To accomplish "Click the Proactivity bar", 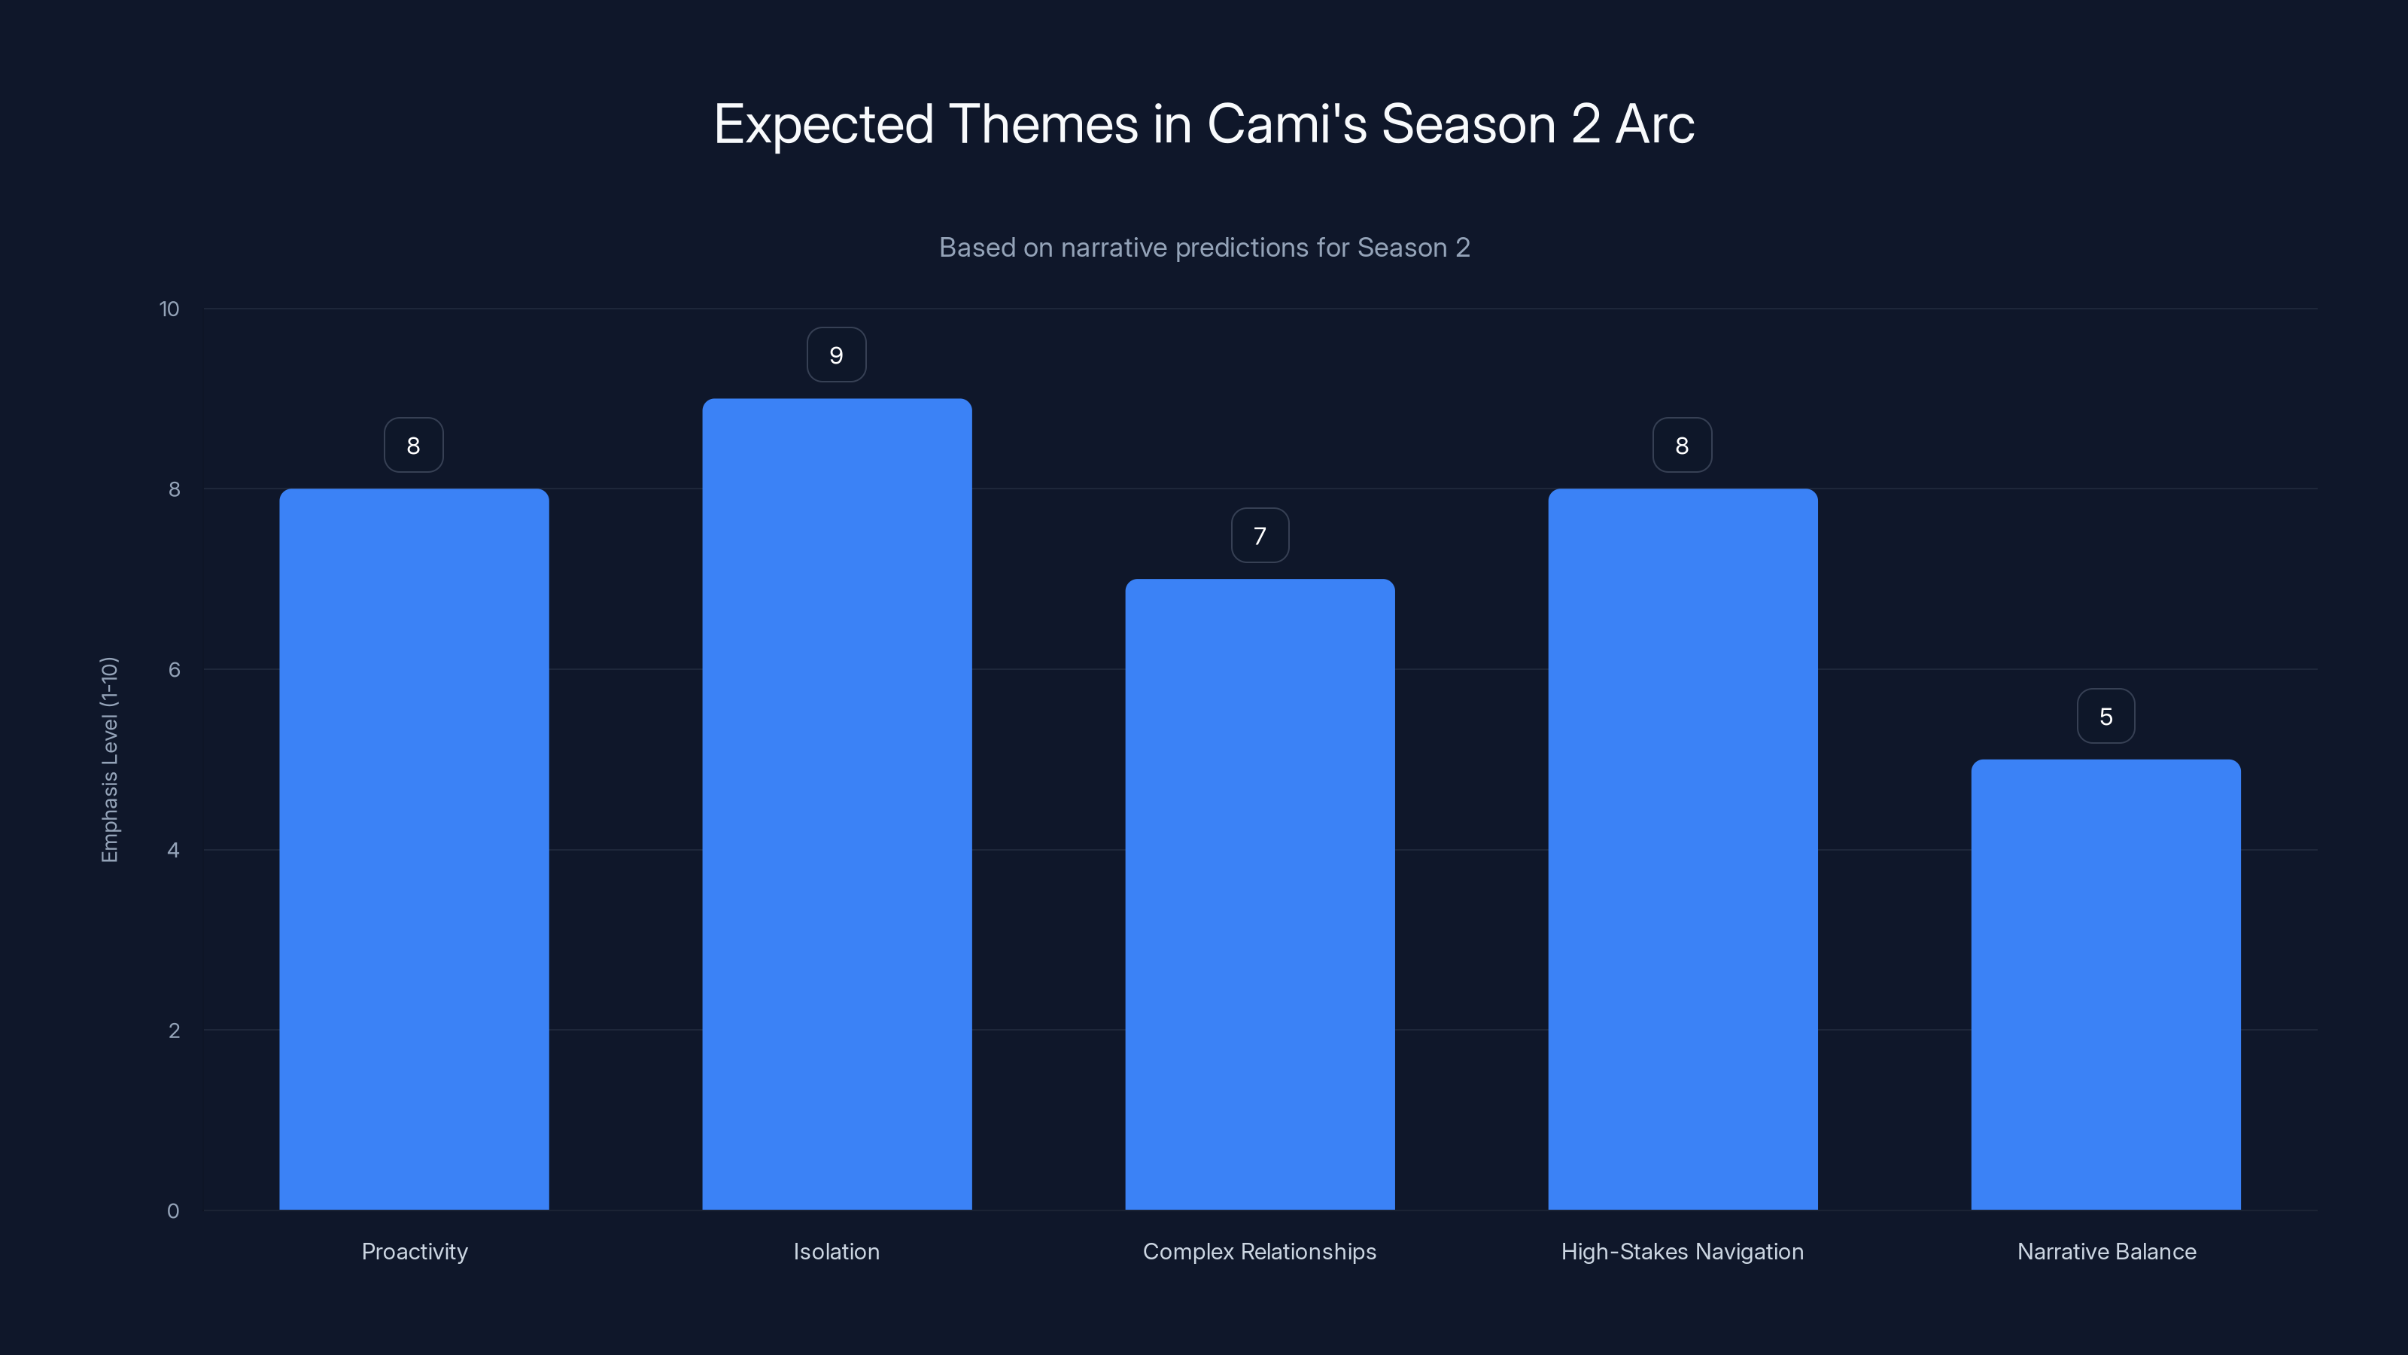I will pos(414,849).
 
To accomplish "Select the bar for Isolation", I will pos(837,804).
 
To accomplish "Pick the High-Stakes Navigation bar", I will pos(1683,849).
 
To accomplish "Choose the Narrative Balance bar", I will pos(2105,985).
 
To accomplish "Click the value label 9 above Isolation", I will pos(837,355).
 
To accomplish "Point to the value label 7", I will pos(1260,536).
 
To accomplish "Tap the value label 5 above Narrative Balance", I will pos(2106,717).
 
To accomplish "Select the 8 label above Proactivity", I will pos(413,445).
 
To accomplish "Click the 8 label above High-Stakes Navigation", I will pos(1683,445).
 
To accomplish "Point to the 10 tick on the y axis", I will pos(169,309).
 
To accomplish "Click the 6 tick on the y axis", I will pos(174,669).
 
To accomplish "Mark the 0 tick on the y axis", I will pos(173,1211).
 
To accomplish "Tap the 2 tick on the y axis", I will pos(174,1031).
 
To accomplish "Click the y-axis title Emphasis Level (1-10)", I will pos(109,760).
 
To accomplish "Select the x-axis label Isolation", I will pos(837,1251).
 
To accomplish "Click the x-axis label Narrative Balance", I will pos(2106,1251).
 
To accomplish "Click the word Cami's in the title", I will pos(1288,123).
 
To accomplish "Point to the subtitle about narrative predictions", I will pos(1204,247).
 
